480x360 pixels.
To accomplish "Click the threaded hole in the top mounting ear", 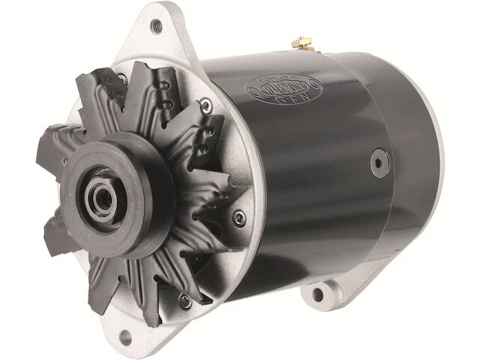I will click(x=156, y=26).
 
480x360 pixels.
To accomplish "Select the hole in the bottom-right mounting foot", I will click(x=318, y=295).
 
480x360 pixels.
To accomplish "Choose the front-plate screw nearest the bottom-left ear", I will click(x=184, y=301).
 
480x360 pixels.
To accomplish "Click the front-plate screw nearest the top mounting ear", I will click(x=122, y=78).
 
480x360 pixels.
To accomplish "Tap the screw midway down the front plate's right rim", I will click(x=239, y=218).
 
